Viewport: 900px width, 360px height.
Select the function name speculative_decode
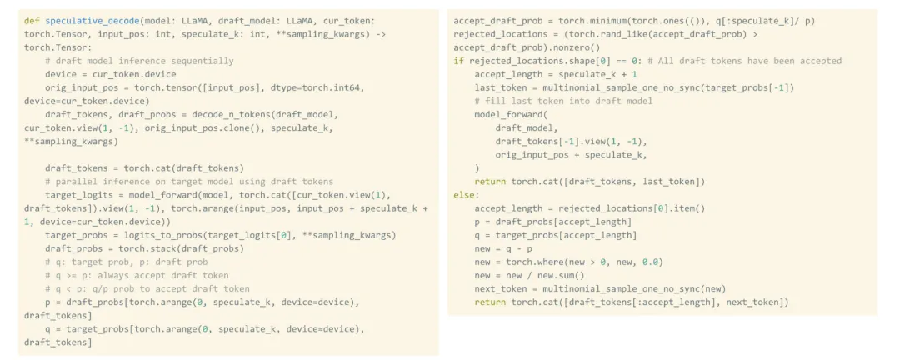click(x=92, y=19)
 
